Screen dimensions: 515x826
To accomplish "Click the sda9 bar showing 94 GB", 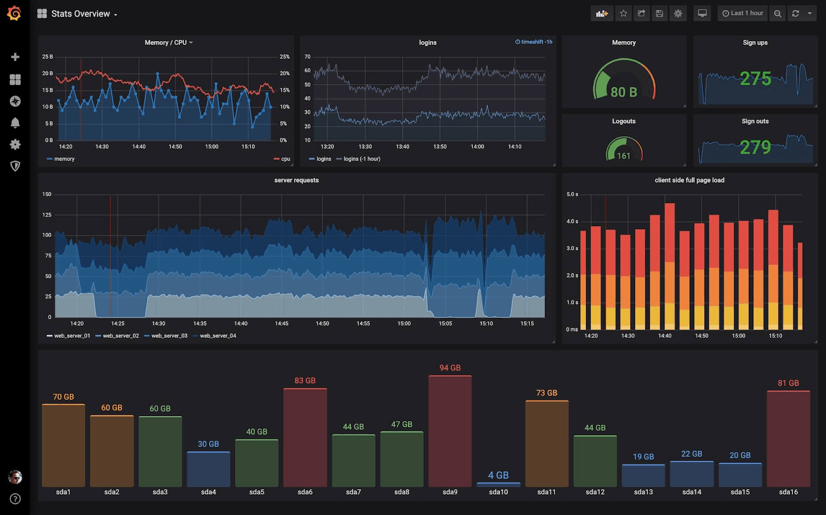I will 450,431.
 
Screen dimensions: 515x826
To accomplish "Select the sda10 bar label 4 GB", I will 498,475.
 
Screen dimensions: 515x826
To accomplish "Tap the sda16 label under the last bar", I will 788,492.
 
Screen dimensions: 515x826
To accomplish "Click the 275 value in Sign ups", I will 755,78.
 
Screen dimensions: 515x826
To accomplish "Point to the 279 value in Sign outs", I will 755,147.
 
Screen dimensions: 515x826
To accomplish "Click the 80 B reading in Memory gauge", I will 624,92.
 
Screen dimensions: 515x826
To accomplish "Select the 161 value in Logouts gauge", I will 624,156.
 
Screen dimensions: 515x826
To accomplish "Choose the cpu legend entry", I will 285,159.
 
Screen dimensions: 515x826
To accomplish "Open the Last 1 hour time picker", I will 742,13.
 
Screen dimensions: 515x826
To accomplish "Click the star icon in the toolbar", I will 623,13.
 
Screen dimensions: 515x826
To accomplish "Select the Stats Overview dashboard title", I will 81,14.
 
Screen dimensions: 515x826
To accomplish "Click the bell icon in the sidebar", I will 15,123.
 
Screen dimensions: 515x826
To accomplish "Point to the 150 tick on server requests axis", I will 47,195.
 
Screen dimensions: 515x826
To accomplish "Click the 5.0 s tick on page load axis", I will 572,195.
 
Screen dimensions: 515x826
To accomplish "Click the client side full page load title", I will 689,180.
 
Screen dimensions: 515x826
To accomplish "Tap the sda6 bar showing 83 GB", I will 305,438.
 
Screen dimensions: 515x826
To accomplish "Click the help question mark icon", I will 15,498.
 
